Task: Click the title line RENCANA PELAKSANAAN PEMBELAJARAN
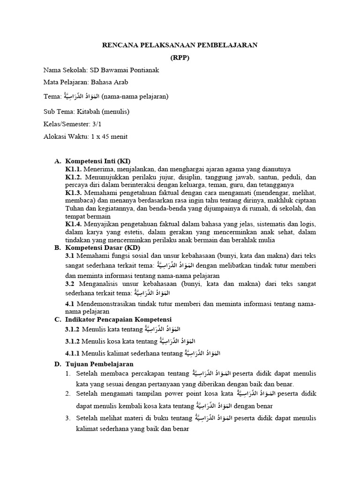click(180, 45)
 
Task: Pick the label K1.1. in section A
click(74, 169)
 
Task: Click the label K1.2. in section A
click(74, 178)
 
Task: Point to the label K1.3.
click(74, 193)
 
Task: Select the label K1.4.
click(74, 224)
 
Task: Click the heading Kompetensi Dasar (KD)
click(102, 247)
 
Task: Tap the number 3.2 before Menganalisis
click(70, 284)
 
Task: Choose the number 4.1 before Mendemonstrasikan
click(70, 304)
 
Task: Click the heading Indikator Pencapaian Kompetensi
click(119, 319)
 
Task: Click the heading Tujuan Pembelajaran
click(99, 364)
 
